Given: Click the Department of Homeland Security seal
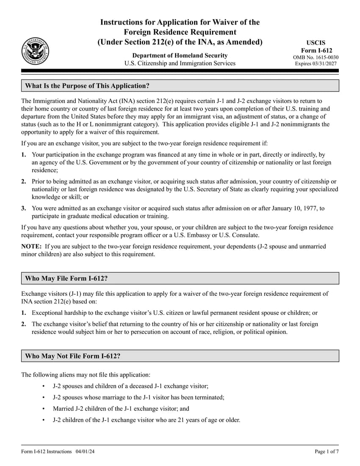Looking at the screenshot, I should pos(35,51).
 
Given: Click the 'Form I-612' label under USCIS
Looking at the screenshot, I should pos(316,50).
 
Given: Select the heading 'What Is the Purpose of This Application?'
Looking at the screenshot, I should pos(87,86).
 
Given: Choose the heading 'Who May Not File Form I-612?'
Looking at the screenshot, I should pos(73,356).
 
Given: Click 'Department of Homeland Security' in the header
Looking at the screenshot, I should pos(180,55).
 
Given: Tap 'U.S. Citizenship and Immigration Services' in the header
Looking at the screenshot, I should pos(180,64).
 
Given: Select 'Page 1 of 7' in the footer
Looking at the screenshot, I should pos(327,452).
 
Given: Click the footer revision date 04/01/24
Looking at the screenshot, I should pos(85,452).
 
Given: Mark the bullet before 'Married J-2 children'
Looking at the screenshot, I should pos(44,409).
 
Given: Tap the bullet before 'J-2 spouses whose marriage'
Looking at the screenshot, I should pos(44,398).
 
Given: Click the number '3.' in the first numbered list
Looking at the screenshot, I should pos(24,208).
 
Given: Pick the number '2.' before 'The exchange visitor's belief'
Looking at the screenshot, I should pos(24,324).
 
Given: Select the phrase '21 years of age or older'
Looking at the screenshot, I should pos(207,420).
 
